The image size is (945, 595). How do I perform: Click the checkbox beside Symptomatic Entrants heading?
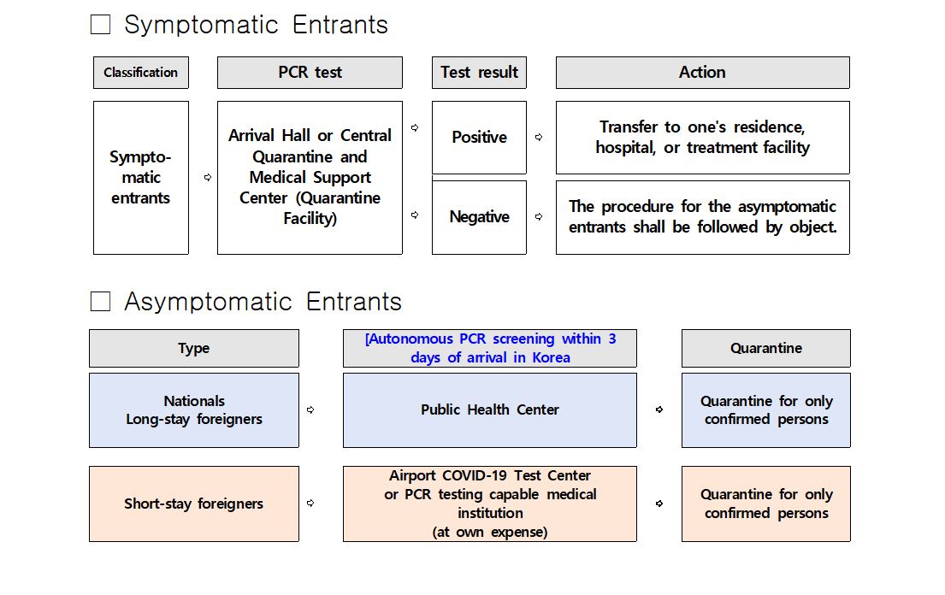point(101,25)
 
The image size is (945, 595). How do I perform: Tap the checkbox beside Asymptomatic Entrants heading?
point(101,302)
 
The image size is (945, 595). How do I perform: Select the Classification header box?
point(141,73)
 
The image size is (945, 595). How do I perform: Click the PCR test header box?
point(310,73)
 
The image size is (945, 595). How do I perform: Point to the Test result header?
point(479,73)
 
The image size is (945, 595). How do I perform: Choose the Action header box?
point(702,73)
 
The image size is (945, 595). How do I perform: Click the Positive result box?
point(479,138)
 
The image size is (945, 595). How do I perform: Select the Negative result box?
point(479,217)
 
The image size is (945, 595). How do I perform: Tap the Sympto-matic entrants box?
point(141,178)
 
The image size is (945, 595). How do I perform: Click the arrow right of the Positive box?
point(539,137)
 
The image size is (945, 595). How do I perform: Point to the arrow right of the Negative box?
point(539,217)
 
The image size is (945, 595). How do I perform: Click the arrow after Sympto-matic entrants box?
point(207,178)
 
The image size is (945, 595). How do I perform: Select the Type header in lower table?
point(194,349)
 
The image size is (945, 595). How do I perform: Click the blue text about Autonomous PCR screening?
point(490,348)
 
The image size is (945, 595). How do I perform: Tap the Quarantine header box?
point(766,349)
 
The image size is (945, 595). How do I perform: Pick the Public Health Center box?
point(490,410)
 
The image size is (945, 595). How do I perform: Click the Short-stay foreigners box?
point(194,504)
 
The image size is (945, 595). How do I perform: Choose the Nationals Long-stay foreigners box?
point(194,410)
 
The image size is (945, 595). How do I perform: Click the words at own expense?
point(490,532)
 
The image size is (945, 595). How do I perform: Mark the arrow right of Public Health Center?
point(659,409)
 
